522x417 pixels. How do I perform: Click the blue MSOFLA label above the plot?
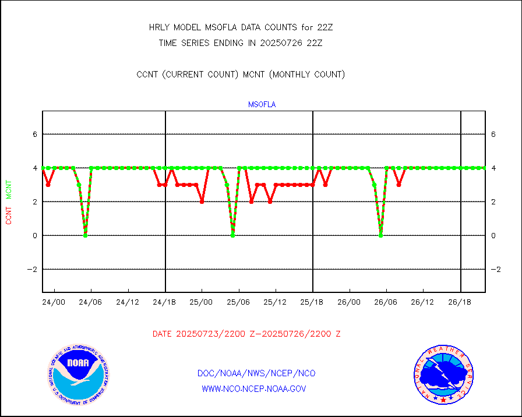click(x=262, y=105)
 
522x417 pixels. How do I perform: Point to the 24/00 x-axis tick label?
click(x=54, y=302)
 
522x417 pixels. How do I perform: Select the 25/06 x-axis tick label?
click(x=238, y=302)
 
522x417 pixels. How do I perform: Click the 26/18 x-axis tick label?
click(x=460, y=302)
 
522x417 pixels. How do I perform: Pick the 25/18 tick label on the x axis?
click(x=312, y=302)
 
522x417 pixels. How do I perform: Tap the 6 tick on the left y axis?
click(x=35, y=134)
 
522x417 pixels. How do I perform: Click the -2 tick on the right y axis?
click(x=495, y=269)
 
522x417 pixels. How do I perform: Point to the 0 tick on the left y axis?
click(x=35, y=235)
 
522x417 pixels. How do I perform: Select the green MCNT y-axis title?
click(x=9, y=189)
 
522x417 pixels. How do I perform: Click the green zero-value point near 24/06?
click(x=85, y=235)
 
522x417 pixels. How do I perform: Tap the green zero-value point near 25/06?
click(x=232, y=235)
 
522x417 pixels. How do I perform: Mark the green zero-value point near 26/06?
click(x=380, y=235)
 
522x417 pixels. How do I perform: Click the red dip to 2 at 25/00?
click(x=202, y=202)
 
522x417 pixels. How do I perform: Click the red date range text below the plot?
click(x=246, y=334)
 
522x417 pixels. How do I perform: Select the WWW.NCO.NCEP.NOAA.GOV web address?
click(x=254, y=388)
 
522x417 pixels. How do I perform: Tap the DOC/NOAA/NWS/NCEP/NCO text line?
click(x=256, y=373)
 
